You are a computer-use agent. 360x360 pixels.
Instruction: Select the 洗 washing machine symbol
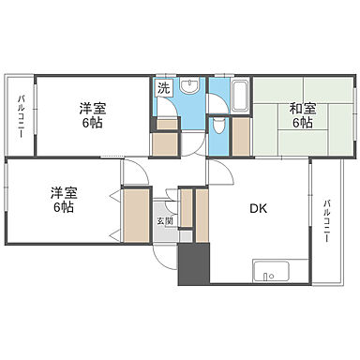tap(163, 90)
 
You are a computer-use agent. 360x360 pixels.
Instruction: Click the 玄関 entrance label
tap(165, 220)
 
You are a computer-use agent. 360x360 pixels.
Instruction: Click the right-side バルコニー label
tap(327, 220)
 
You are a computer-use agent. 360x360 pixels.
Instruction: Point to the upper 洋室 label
tap(92, 108)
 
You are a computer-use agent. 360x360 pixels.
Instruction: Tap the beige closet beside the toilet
tap(240, 137)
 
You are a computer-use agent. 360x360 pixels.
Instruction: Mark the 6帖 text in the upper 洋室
tap(92, 123)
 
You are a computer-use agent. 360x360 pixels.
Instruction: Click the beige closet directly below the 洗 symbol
tap(166, 139)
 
